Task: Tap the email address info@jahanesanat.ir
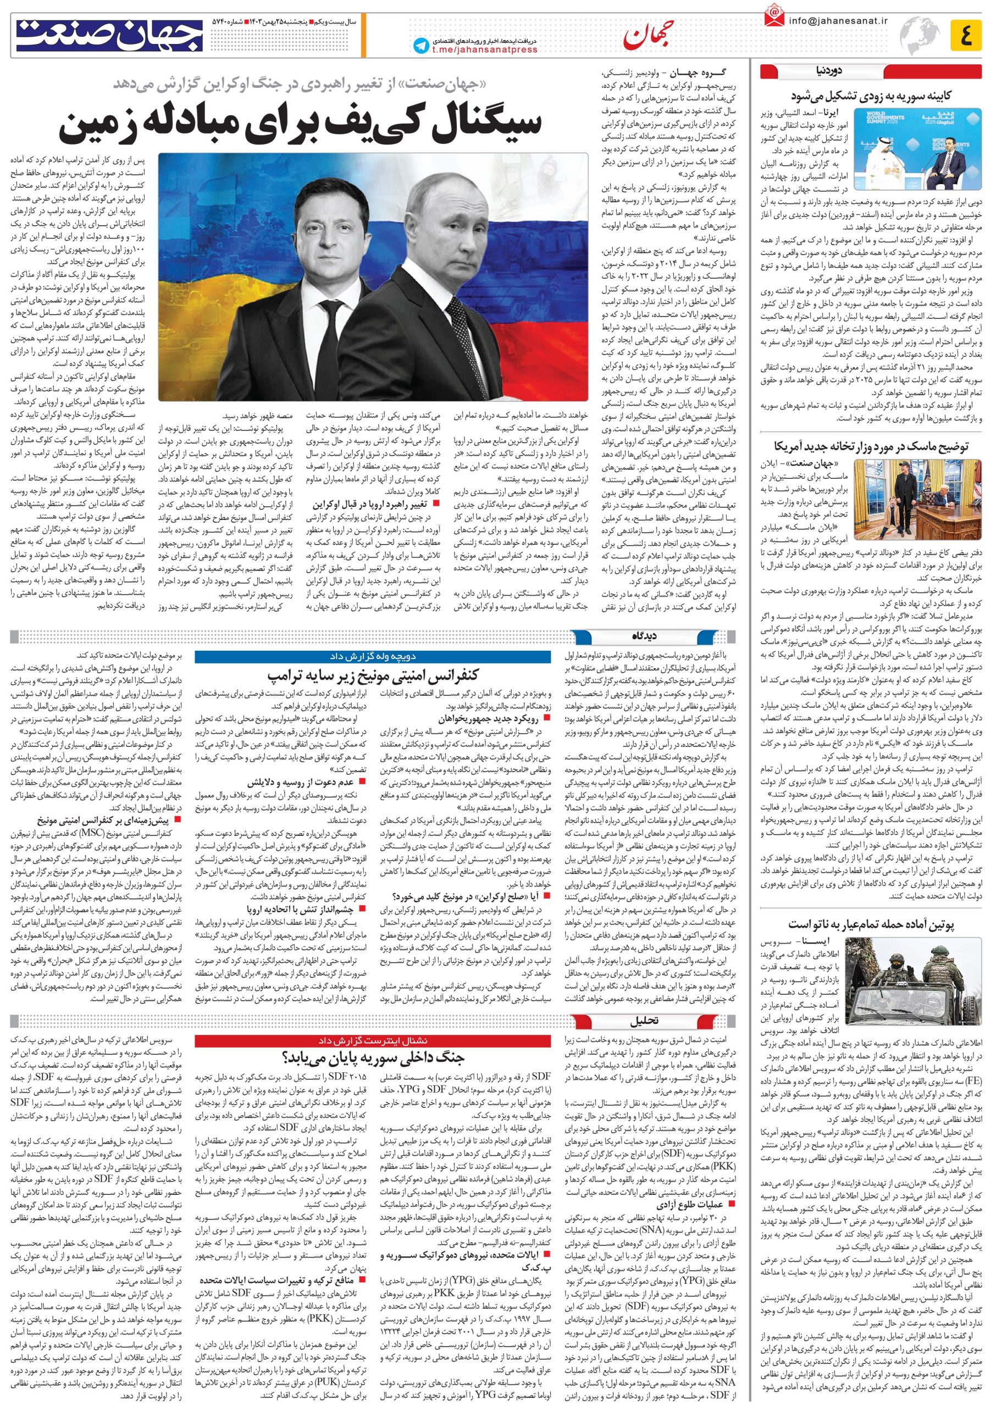(837, 20)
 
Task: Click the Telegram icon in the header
(422, 45)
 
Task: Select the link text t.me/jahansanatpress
(484, 50)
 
